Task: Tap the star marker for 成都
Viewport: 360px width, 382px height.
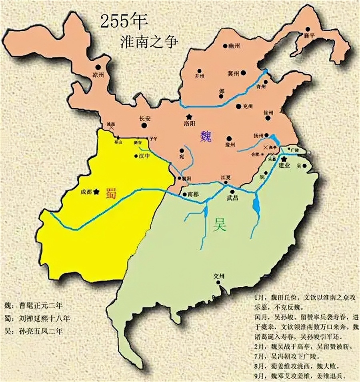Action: (96, 192)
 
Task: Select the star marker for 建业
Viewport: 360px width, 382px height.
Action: (284, 159)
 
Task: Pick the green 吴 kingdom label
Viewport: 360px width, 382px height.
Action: (220, 226)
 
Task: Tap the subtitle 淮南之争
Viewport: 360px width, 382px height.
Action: (148, 41)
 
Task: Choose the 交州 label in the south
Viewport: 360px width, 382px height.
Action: (220, 276)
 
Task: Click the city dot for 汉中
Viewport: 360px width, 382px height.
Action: (136, 156)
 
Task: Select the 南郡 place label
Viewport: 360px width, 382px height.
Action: (193, 194)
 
